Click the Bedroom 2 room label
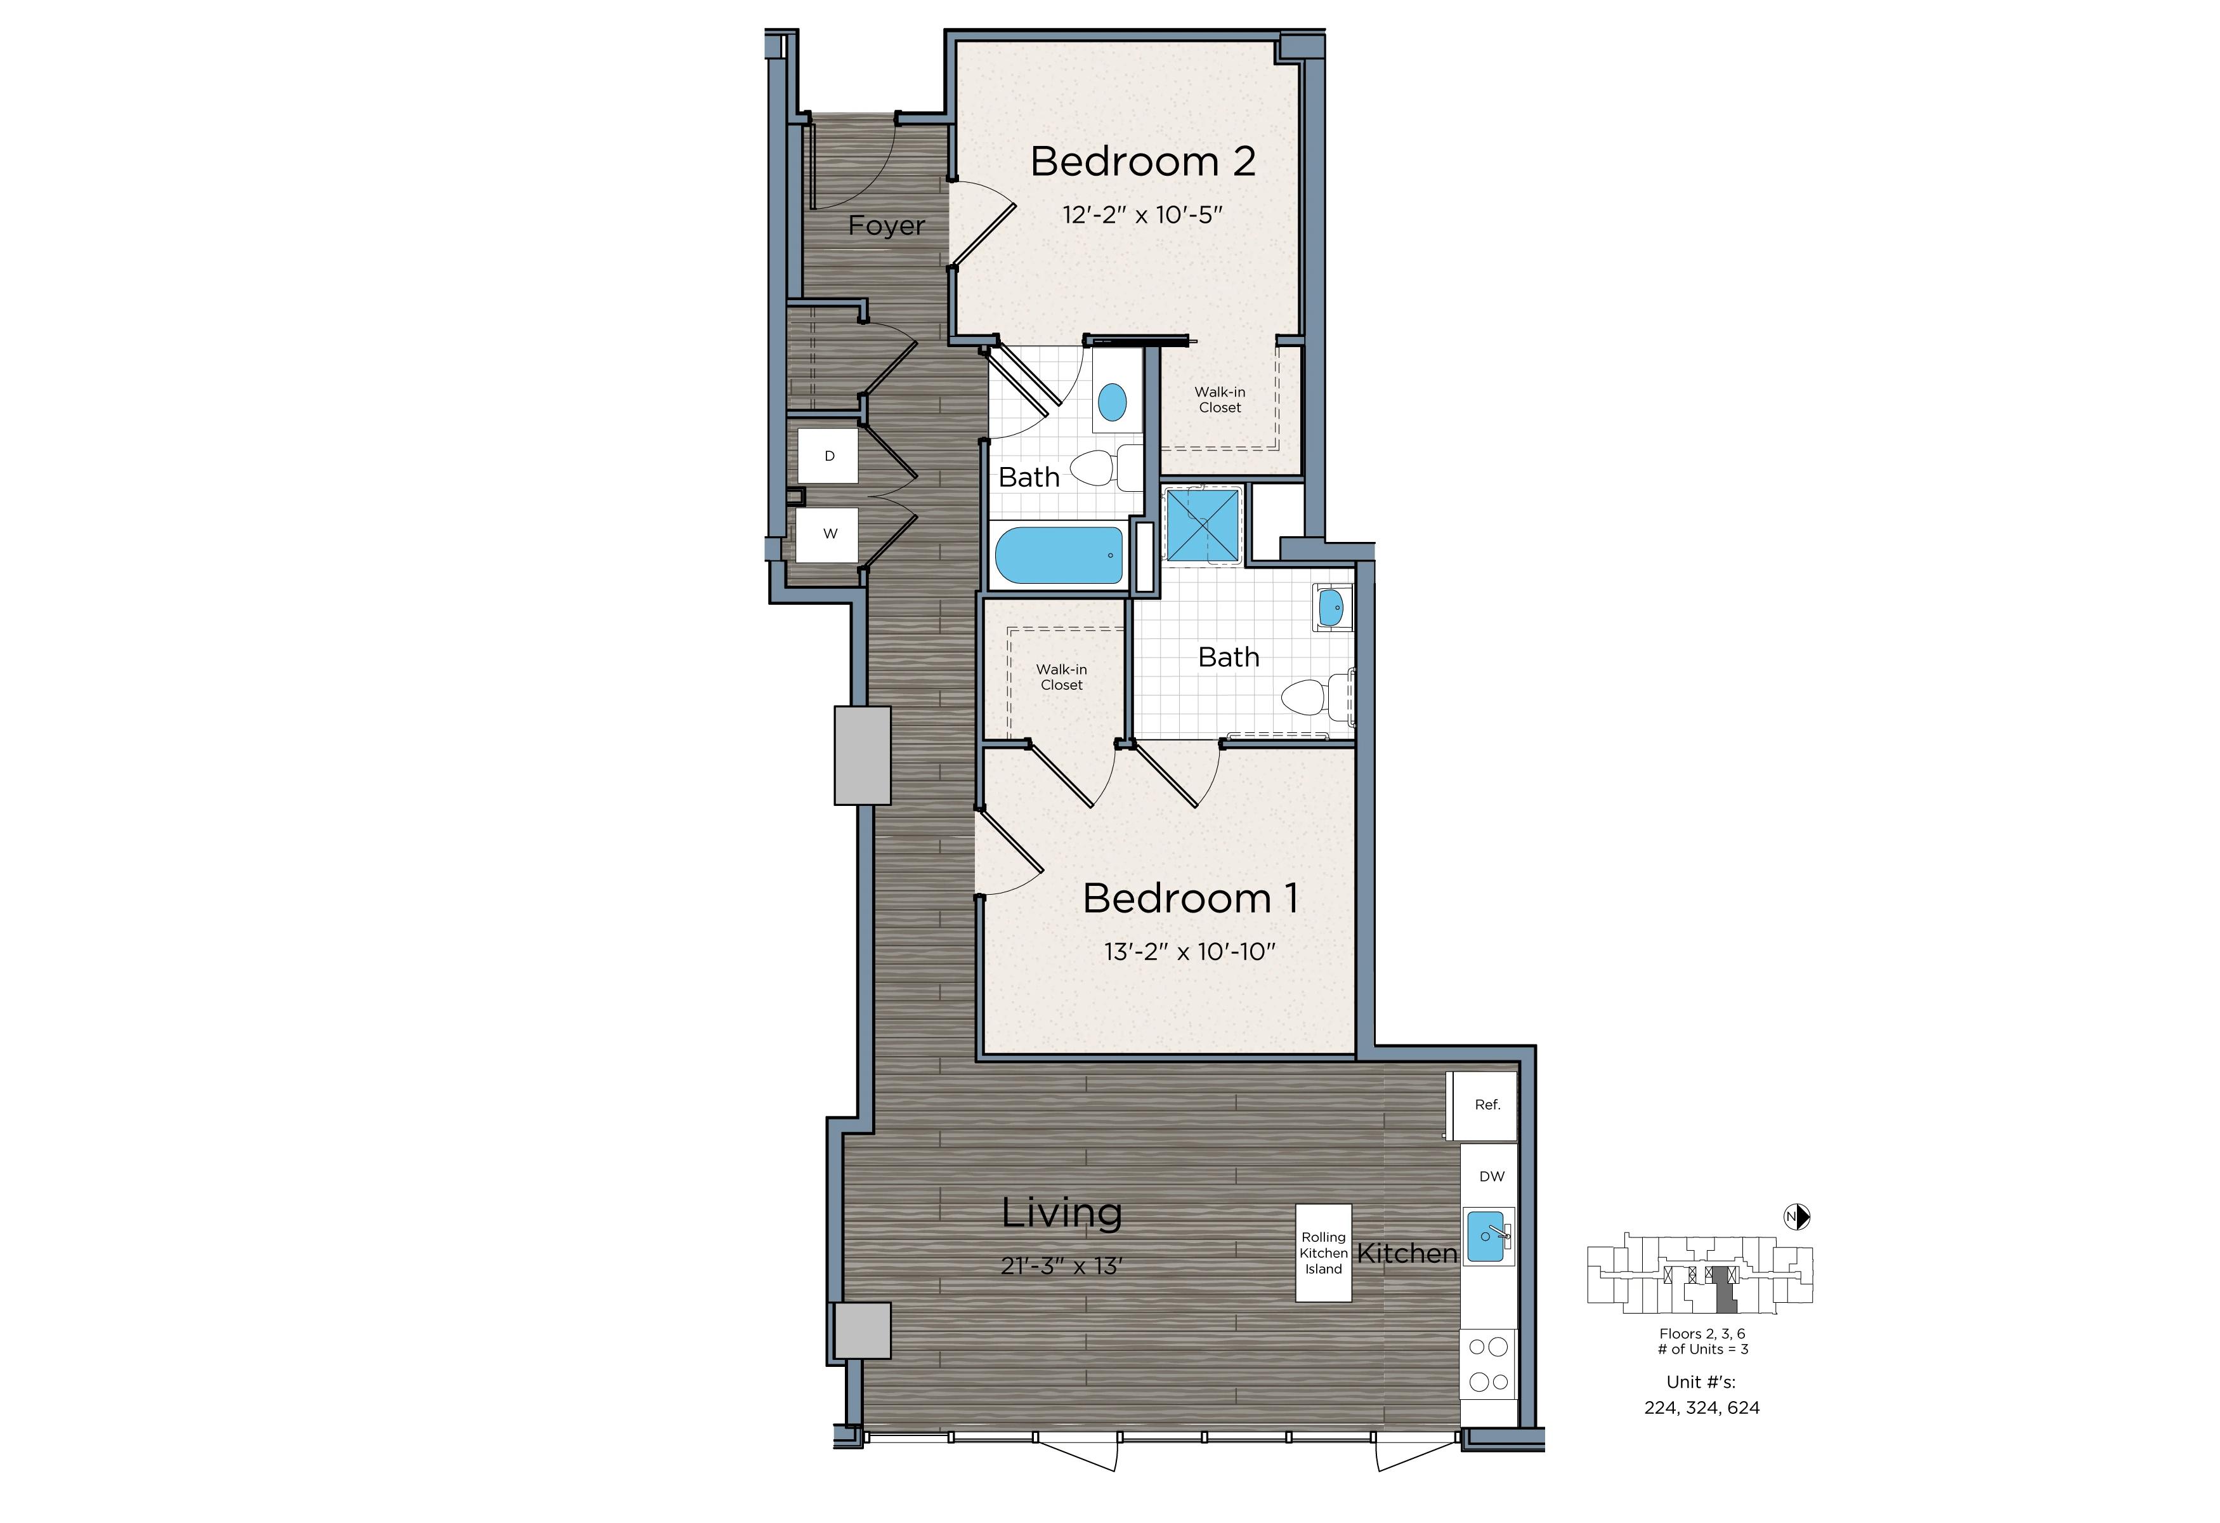[x=1142, y=161]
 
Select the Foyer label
[x=887, y=227]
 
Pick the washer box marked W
[x=828, y=534]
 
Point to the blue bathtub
[x=1059, y=555]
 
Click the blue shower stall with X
[x=1203, y=525]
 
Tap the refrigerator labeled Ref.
[x=1484, y=1105]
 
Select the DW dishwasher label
[x=1491, y=1177]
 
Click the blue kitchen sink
[x=1486, y=1237]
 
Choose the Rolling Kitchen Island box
[x=1323, y=1253]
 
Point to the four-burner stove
[x=1488, y=1364]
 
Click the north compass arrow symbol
[x=1797, y=1216]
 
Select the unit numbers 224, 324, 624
[x=1702, y=1408]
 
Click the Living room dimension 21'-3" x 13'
[x=1061, y=1266]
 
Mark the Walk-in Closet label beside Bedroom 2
[x=1220, y=399]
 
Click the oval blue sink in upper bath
[x=1112, y=402]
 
